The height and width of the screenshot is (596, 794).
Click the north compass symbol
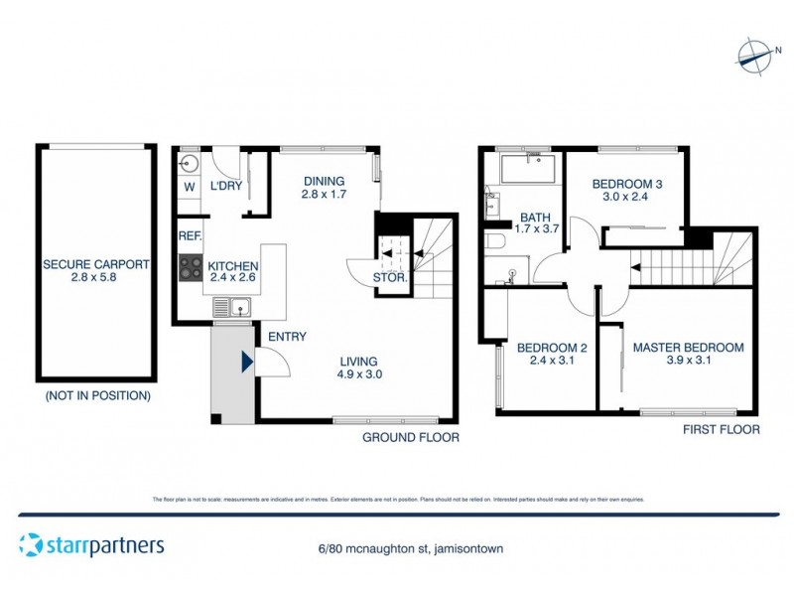pyautogui.click(x=753, y=55)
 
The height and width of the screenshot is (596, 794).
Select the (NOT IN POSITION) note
pyautogui.click(x=97, y=395)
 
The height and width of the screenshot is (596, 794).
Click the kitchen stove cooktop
pyautogui.click(x=190, y=268)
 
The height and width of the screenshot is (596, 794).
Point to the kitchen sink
pyautogui.click(x=237, y=309)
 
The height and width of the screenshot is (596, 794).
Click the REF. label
pyautogui.click(x=190, y=236)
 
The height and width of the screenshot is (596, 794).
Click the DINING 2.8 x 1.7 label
pyautogui.click(x=324, y=188)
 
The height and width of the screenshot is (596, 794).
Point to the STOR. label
pyautogui.click(x=392, y=278)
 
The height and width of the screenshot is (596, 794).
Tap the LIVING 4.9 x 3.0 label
pyautogui.click(x=359, y=368)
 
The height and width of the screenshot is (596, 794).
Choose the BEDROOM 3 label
pyautogui.click(x=626, y=191)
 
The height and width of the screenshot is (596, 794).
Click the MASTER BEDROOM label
pyautogui.click(x=688, y=354)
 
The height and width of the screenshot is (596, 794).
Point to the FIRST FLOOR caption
pyautogui.click(x=722, y=430)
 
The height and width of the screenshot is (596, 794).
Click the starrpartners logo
pyautogui.click(x=91, y=544)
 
